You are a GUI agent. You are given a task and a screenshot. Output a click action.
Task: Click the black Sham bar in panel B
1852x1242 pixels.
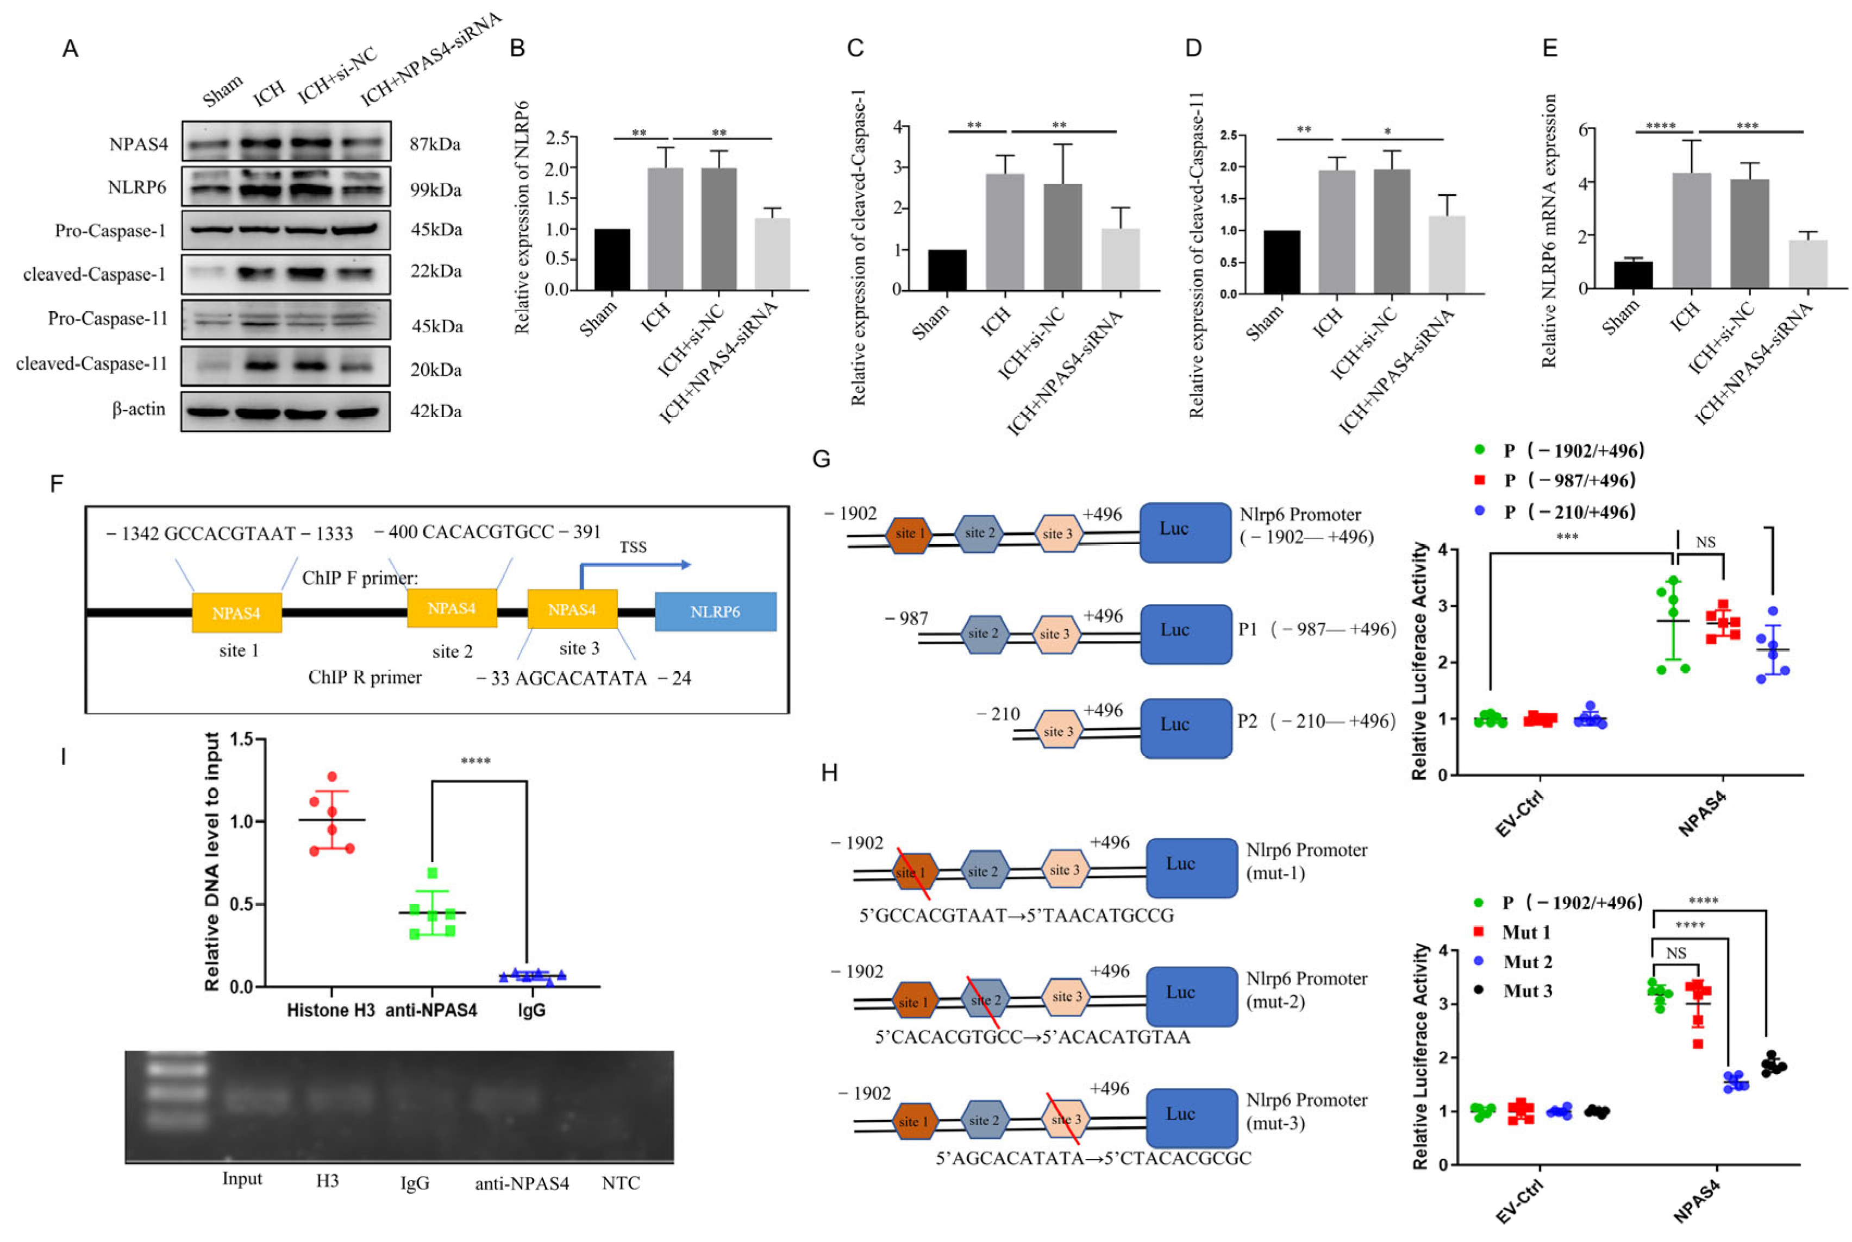point(612,259)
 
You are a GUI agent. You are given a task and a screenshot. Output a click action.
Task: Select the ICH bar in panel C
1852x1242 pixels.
point(1004,231)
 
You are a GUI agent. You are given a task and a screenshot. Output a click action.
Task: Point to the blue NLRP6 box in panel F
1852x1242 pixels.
point(715,611)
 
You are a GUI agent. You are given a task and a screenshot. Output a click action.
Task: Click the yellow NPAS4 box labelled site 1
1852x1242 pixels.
point(236,613)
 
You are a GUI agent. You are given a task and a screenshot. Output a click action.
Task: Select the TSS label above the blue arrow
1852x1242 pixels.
point(633,547)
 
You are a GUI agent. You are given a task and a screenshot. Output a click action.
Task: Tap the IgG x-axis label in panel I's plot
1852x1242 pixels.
point(531,1011)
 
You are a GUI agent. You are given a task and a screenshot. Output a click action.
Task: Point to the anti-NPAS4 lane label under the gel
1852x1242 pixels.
point(522,1183)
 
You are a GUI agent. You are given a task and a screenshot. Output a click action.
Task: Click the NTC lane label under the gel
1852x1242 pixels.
point(621,1183)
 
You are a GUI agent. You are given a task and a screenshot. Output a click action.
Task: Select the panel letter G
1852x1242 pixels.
point(821,459)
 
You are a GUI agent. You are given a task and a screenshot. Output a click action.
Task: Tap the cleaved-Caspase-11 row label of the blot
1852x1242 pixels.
point(92,363)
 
